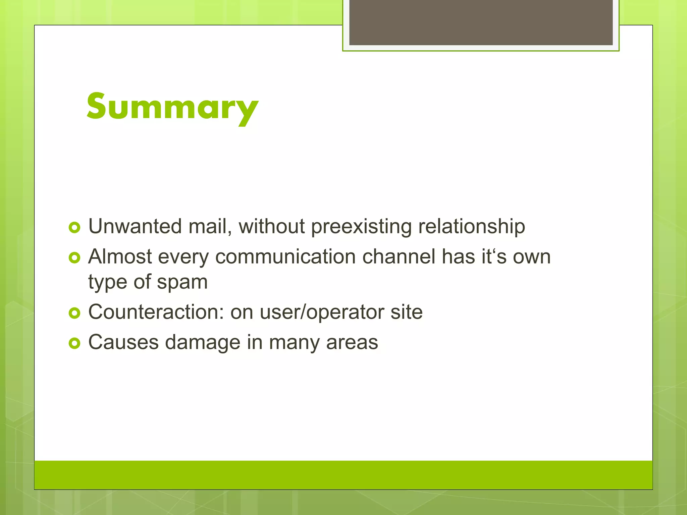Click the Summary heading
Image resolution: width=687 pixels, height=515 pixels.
point(172,107)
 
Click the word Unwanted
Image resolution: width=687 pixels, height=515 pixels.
point(135,226)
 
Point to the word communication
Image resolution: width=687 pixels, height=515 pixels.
point(285,257)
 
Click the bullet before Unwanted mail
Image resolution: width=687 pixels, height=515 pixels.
point(74,228)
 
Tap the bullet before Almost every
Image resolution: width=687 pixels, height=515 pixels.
point(74,258)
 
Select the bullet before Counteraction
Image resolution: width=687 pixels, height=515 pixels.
point(74,313)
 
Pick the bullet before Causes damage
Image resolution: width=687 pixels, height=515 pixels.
point(74,343)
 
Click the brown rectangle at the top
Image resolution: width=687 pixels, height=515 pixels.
point(481,22)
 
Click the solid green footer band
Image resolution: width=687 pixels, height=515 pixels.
point(343,475)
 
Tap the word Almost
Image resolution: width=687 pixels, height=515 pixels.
point(120,257)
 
